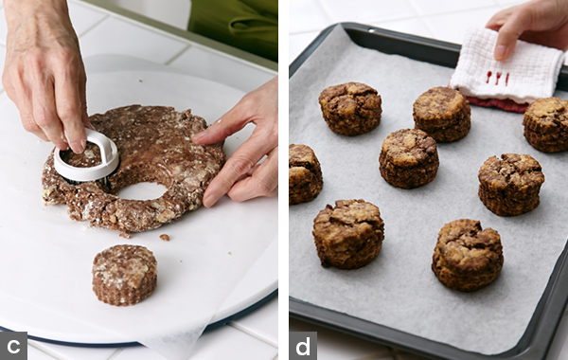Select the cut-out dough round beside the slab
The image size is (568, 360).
click(124, 275)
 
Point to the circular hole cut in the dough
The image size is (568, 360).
click(143, 190)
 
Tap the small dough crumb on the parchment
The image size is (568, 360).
click(165, 237)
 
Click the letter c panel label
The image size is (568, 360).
click(13, 346)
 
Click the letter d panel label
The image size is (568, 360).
click(303, 346)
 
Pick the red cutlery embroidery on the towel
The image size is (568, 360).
click(497, 78)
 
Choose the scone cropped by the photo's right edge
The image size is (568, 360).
click(545, 124)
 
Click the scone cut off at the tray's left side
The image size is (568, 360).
click(305, 174)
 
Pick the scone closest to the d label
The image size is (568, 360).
click(348, 234)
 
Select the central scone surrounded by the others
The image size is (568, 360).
click(409, 158)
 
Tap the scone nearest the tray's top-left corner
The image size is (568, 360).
click(350, 108)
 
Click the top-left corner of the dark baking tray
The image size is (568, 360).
click(344, 24)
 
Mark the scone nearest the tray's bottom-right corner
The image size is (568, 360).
click(468, 255)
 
